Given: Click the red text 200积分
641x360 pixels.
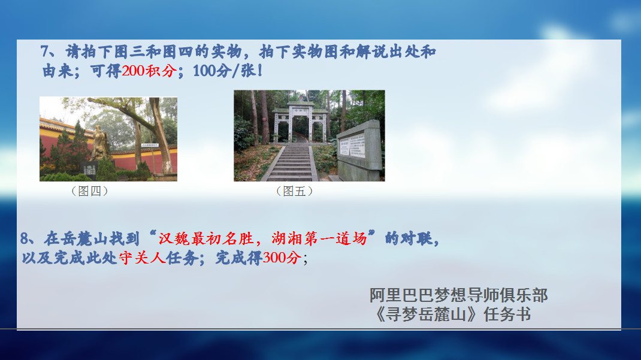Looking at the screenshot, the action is pos(149,71).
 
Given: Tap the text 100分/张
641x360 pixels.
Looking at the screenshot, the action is pos(225,71).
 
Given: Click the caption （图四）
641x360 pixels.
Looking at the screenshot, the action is pos(89,191).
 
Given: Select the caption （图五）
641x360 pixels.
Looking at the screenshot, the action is pos(294,191).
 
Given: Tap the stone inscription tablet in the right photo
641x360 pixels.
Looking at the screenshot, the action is pos(360,150).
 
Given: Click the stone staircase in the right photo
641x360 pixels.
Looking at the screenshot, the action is pos(291,163).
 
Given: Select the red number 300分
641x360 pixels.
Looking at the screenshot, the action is pos(282,258).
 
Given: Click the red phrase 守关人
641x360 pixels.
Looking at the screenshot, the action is pos(142,258).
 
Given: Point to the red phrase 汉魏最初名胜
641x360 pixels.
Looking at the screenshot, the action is pos(205,238).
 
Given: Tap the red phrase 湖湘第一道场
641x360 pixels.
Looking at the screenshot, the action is pos(319,238).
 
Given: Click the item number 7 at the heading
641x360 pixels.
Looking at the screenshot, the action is pos(46,52).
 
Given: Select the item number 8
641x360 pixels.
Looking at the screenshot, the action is pos(25,238).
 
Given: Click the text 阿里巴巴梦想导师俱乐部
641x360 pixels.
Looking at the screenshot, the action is pos(459,295).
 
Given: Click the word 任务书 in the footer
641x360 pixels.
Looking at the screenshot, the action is pos(507,314).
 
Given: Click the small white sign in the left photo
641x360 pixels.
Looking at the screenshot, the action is pos(150,145).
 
